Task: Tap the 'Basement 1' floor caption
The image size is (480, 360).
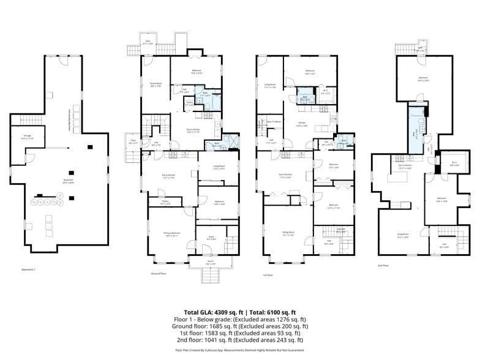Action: click(29, 269)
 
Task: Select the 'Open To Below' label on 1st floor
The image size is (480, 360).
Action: click(274, 122)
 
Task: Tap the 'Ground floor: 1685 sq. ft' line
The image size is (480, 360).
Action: click(239, 326)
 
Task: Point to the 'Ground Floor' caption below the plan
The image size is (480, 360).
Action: click(159, 274)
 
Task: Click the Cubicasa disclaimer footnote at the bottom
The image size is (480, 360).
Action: click(239, 350)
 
